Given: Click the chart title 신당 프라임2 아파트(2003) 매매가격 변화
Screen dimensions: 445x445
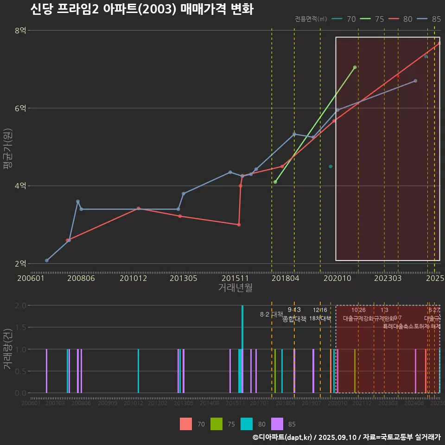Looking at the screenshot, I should tap(142, 9).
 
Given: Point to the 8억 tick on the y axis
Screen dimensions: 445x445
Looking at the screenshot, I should tap(20, 31).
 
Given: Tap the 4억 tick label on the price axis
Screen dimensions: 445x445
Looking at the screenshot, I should tap(20, 186).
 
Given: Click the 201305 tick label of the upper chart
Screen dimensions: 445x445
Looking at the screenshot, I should tap(184, 278).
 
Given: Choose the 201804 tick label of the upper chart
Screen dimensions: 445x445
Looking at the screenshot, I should tap(285, 278).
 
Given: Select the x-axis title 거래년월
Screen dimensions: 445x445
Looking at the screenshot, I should tap(235, 288).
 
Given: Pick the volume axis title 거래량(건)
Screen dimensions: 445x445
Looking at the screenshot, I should tap(8, 349).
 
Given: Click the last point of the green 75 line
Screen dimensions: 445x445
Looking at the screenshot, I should tap(355, 67).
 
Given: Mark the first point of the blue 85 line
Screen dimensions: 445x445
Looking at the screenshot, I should tap(47, 261).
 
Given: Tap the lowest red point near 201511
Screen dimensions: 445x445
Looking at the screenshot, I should tap(239, 225).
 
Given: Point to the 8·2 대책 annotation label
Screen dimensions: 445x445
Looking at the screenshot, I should tap(271, 314).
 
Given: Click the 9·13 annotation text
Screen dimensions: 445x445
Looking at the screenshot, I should tap(294, 310).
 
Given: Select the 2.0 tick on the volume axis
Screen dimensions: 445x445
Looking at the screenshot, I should tap(20, 305).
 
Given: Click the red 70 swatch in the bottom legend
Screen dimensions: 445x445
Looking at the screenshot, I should tap(186, 424).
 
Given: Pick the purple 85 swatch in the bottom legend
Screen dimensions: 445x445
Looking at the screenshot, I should tap(277, 424).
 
